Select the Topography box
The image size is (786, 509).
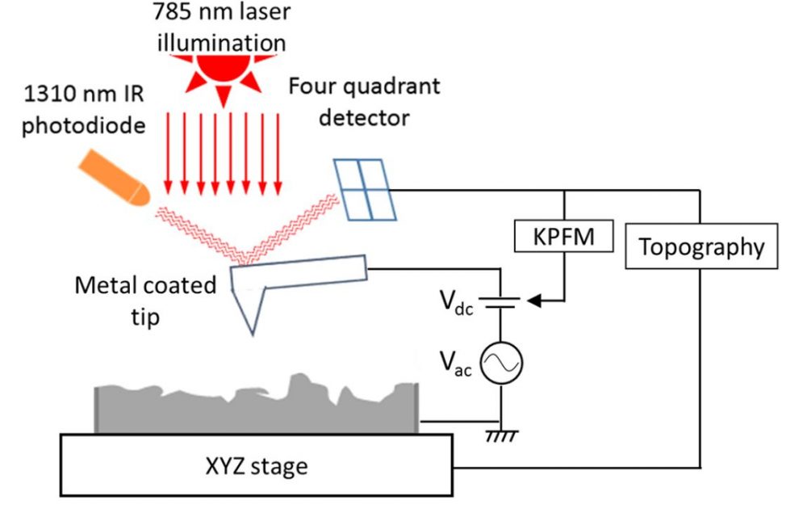(701, 247)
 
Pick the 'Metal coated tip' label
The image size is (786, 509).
(145, 300)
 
